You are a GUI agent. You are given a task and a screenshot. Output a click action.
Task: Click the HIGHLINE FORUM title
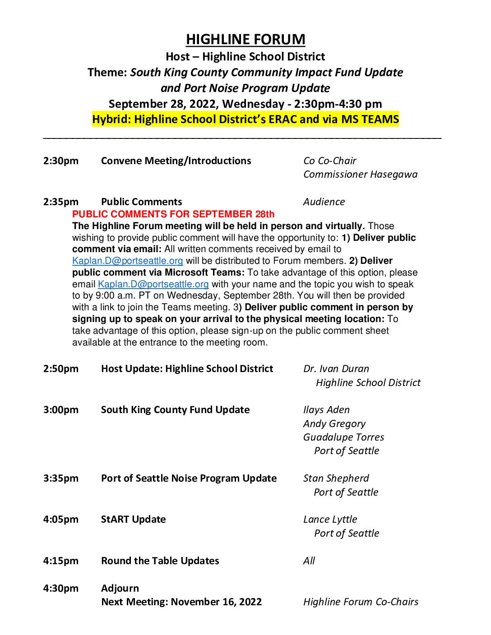(245, 40)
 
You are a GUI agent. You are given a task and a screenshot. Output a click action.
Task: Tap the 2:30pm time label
(60, 161)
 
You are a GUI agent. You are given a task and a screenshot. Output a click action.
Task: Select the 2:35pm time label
(60, 202)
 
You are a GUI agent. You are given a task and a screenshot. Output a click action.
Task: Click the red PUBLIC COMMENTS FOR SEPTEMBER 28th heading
(173, 214)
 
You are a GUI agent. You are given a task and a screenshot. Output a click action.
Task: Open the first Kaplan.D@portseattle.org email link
(128, 261)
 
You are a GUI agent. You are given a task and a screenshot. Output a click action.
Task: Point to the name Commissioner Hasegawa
(360, 175)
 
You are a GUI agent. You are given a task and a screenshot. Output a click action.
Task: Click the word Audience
(324, 202)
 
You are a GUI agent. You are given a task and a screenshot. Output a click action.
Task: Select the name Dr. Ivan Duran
(336, 369)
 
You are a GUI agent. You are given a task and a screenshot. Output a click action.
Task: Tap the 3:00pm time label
(60, 410)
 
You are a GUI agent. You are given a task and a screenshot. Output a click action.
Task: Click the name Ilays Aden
(326, 410)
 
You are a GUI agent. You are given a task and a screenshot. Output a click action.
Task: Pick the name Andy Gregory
(334, 424)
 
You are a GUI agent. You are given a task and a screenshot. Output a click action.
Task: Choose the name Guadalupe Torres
(343, 437)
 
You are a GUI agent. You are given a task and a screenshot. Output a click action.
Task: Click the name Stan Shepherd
(336, 479)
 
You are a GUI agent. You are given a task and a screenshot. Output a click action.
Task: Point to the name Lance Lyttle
(330, 520)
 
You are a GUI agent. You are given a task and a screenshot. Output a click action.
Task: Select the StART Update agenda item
(133, 520)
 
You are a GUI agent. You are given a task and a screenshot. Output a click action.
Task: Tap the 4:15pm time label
(60, 561)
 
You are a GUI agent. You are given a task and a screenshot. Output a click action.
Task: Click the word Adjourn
(120, 589)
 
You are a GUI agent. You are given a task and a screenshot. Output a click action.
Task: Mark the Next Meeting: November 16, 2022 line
(181, 602)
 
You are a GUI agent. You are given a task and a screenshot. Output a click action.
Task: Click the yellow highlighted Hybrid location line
(245, 120)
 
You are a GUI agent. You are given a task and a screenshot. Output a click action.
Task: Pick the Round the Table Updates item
(160, 561)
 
